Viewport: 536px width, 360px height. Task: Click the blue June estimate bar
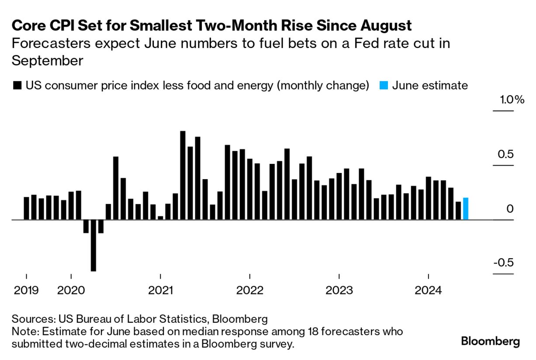(x=466, y=209)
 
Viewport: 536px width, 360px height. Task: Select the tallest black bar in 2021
(x=183, y=175)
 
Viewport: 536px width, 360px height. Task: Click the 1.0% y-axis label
(x=512, y=100)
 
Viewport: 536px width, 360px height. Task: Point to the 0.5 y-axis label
(x=507, y=154)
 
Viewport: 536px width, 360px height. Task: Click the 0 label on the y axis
(x=510, y=209)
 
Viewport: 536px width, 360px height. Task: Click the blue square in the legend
(x=384, y=85)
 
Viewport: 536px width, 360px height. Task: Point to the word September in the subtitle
(x=47, y=60)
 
